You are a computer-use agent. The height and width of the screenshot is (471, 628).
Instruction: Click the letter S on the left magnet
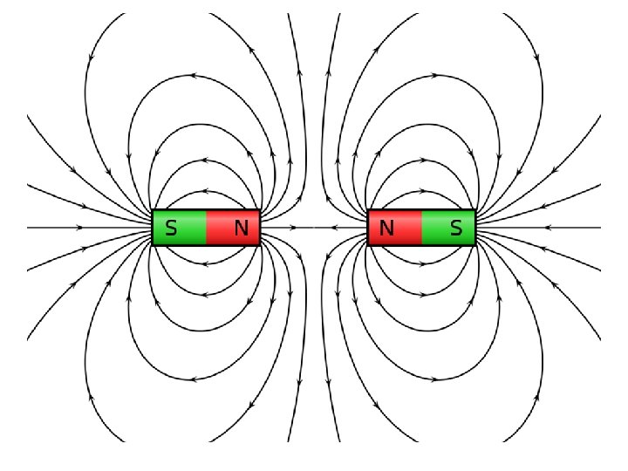pyautogui.click(x=171, y=229)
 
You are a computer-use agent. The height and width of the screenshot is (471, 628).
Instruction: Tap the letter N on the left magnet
pyautogui.click(x=241, y=229)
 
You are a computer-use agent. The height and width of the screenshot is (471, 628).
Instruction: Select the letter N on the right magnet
pyautogui.click(x=386, y=229)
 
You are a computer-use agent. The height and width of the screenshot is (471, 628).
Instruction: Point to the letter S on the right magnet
pyautogui.click(x=456, y=229)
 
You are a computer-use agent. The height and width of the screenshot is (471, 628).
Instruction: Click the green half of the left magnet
pyautogui.click(x=180, y=229)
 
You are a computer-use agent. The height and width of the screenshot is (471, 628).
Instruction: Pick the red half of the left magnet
pyautogui.click(x=233, y=229)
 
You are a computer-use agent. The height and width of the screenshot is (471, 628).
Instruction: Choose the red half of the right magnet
pyautogui.click(x=395, y=229)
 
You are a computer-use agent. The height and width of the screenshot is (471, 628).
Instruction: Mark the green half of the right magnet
pyautogui.click(x=448, y=229)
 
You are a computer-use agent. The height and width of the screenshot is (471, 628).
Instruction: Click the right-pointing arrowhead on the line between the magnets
pyautogui.click(x=293, y=228)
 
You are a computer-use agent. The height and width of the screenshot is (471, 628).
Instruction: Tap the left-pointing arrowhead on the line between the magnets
pyautogui.click(x=332, y=228)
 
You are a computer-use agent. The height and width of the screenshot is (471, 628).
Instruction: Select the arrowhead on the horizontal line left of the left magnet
pyautogui.click(x=81, y=228)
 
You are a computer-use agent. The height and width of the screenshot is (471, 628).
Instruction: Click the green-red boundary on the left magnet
pyautogui.click(x=207, y=229)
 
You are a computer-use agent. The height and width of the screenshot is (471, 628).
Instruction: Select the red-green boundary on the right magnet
pyautogui.click(x=421, y=229)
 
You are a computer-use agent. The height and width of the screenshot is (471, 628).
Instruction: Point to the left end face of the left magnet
pyautogui.click(x=153, y=229)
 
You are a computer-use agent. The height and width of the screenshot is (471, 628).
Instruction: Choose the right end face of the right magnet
pyautogui.click(x=474, y=229)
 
